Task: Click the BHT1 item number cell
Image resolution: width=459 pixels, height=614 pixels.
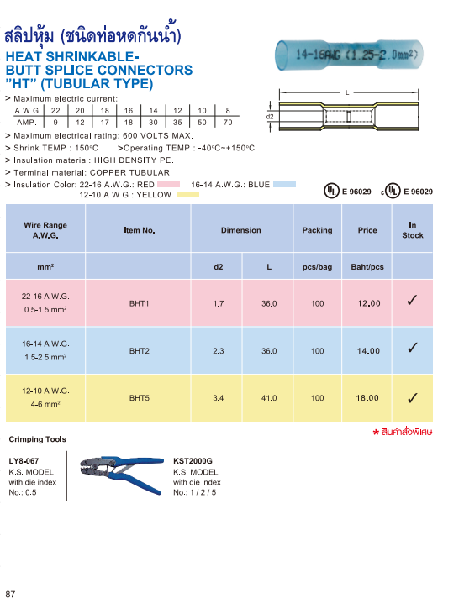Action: [x=139, y=303]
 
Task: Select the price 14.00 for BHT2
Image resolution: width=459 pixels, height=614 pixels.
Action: [x=368, y=351]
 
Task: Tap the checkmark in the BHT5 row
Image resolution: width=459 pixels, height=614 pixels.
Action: [x=413, y=398]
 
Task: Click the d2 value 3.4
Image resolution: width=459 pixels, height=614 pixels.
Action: [x=219, y=398]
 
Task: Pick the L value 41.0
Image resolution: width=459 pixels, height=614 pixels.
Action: [x=269, y=398]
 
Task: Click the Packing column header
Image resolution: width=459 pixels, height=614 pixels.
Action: [x=317, y=230]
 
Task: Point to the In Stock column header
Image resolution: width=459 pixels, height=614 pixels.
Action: [x=413, y=230]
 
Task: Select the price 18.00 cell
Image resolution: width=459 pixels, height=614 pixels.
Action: [x=368, y=398]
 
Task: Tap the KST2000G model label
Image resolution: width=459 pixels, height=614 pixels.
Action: [x=193, y=461]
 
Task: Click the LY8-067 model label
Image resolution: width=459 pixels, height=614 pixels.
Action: [x=24, y=461]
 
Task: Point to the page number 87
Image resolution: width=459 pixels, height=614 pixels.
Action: [x=11, y=595]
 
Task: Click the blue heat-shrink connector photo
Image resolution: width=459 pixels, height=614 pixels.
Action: [x=353, y=57]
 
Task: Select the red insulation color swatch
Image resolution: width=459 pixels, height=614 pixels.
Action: [x=169, y=184]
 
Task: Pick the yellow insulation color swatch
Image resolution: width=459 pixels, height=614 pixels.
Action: [x=187, y=195]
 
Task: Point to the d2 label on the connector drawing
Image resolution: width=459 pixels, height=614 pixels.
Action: [x=270, y=117]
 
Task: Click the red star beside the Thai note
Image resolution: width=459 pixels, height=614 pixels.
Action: [x=376, y=431]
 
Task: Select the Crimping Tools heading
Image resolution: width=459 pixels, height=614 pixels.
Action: [x=37, y=439]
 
